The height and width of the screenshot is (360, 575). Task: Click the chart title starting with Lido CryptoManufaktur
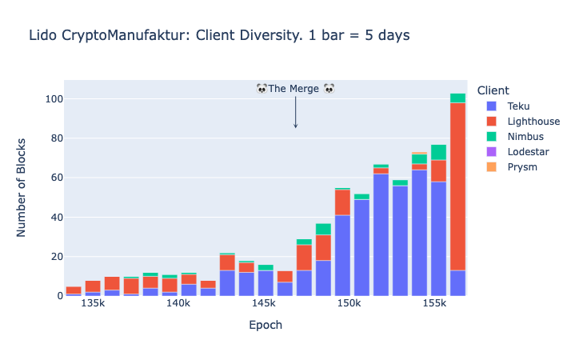click(x=219, y=35)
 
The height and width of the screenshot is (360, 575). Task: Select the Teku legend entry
click(x=517, y=106)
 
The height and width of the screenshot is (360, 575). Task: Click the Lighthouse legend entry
click(x=533, y=121)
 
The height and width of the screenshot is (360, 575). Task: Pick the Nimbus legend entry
click(x=525, y=136)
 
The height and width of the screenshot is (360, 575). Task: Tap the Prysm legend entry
click(x=522, y=166)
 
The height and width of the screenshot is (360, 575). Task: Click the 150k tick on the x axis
click(x=349, y=305)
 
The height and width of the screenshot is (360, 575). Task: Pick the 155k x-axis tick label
click(x=434, y=305)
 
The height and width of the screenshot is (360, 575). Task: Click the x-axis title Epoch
click(x=265, y=326)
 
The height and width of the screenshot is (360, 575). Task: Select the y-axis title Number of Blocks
click(x=22, y=187)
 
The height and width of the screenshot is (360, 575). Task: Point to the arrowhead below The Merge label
click(x=295, y=126)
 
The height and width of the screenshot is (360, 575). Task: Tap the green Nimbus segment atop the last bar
click(x=457, y=98)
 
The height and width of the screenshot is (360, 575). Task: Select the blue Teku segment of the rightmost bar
click(x=457, y=282)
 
